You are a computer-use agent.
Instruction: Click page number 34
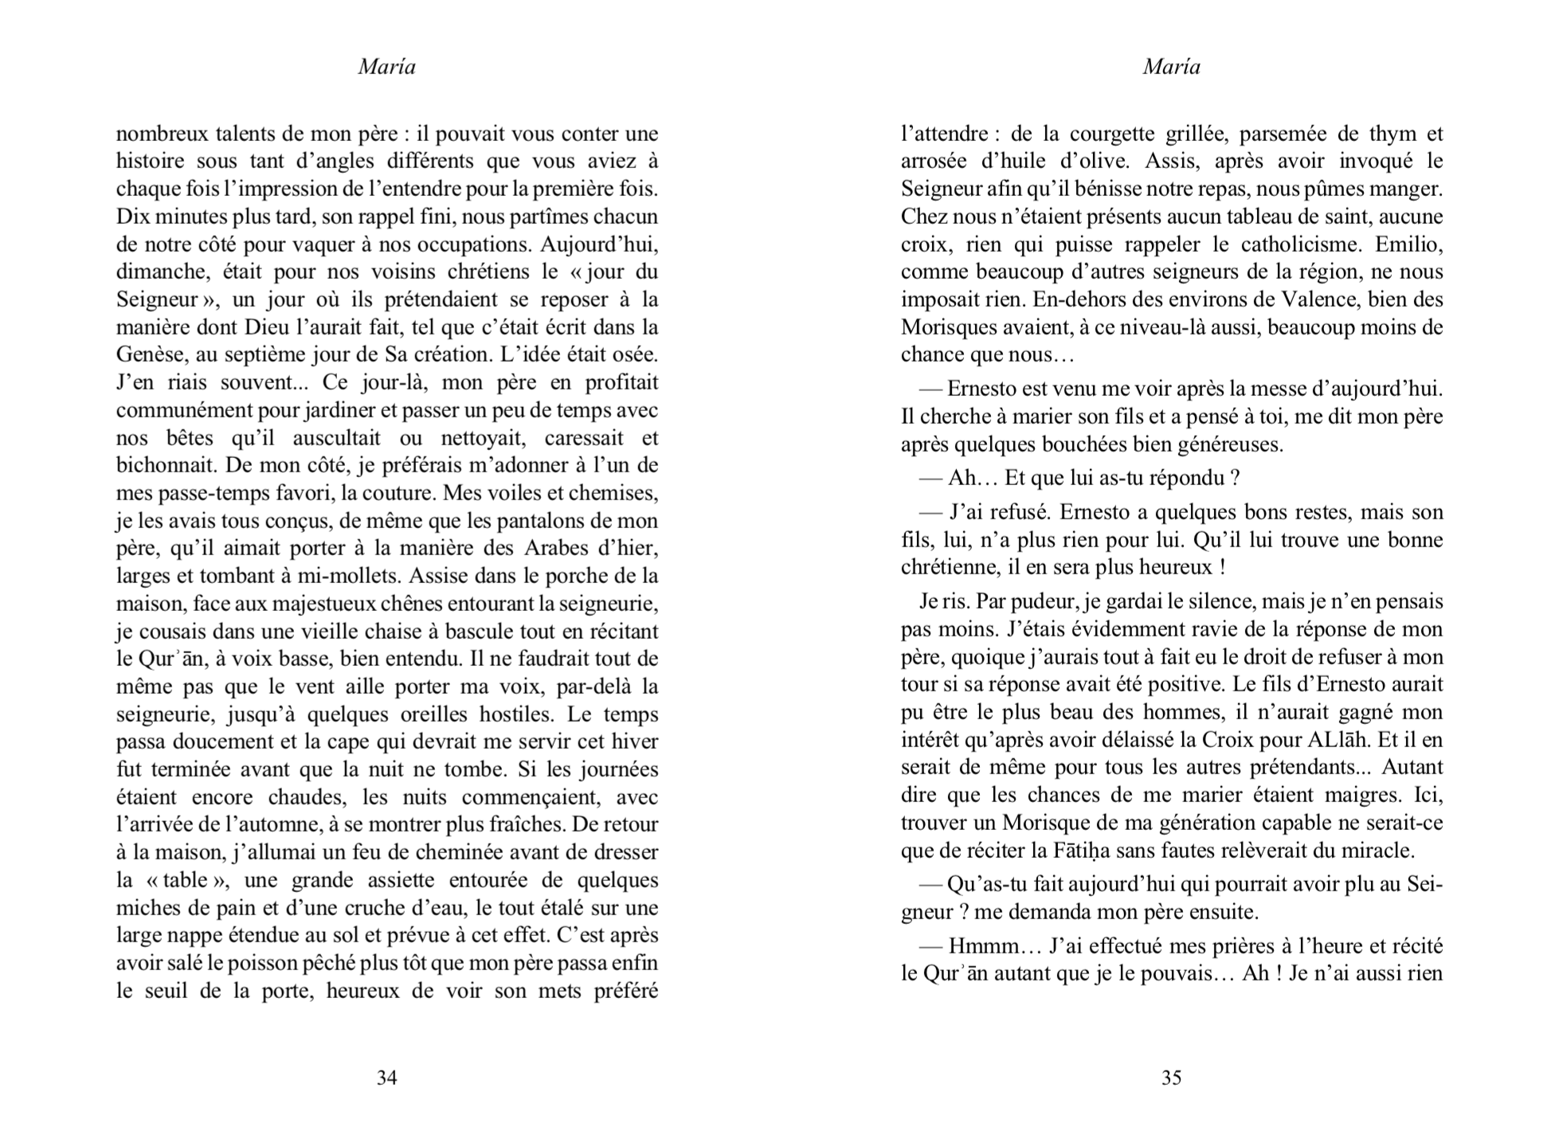coord(386,1078)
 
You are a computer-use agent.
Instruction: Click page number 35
coord(1171,1078)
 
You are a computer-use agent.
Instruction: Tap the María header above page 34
coord(386,67)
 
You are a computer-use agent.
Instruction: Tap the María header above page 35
coord(1171,67)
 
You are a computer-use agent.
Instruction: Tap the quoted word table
coord(185,880)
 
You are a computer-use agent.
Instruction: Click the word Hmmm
coord(982,946)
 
